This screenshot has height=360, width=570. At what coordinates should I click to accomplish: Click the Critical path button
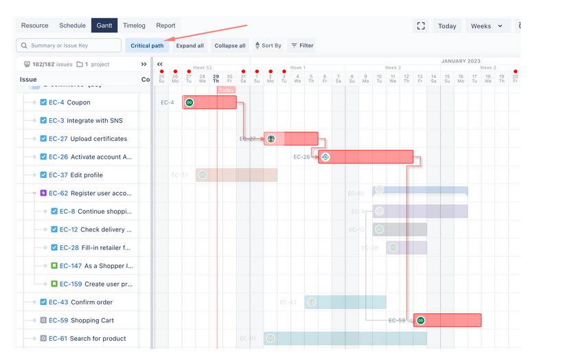click(147, 46)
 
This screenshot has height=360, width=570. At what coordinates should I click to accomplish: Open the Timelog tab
click(134, 25)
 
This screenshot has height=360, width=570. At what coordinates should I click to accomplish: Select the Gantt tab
click(104, 25)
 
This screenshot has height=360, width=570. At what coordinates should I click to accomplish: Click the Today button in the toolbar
click(447, 26)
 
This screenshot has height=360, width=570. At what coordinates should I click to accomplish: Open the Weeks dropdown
click(487, 26)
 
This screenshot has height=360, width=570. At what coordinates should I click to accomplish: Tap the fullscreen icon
click(421, 26)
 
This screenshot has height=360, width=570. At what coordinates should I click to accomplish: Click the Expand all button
click(190, 46)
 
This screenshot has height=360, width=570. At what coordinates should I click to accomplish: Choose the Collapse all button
click(229, 46)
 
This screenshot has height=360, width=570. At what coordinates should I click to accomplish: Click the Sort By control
click(268, 46)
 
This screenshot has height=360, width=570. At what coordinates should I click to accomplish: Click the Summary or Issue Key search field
click(69, 45)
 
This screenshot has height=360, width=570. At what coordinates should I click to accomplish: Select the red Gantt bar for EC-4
click(209, 102)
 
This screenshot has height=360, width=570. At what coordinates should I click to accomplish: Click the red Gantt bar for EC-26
click(365, 157)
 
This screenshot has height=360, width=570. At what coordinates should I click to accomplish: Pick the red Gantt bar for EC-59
click(447, 320)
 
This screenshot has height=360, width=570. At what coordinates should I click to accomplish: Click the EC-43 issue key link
click(58, 302)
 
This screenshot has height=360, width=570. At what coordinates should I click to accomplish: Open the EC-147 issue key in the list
click(71, 266)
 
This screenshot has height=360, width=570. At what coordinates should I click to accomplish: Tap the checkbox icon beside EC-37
click(43, 175)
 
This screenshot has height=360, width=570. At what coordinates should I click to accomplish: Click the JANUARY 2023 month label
click(461, 61)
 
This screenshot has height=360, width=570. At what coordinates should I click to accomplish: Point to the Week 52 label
click(203, 68)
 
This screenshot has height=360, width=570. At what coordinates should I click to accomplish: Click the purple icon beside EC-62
click(43, 194)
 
